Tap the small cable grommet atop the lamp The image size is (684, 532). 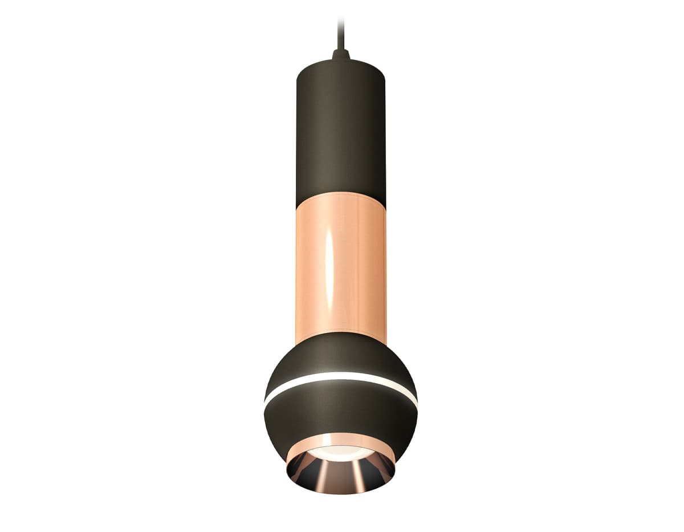341,55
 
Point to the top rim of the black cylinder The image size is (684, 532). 341,62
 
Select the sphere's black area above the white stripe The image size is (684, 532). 341,356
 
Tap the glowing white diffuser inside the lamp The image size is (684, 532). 341,453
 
